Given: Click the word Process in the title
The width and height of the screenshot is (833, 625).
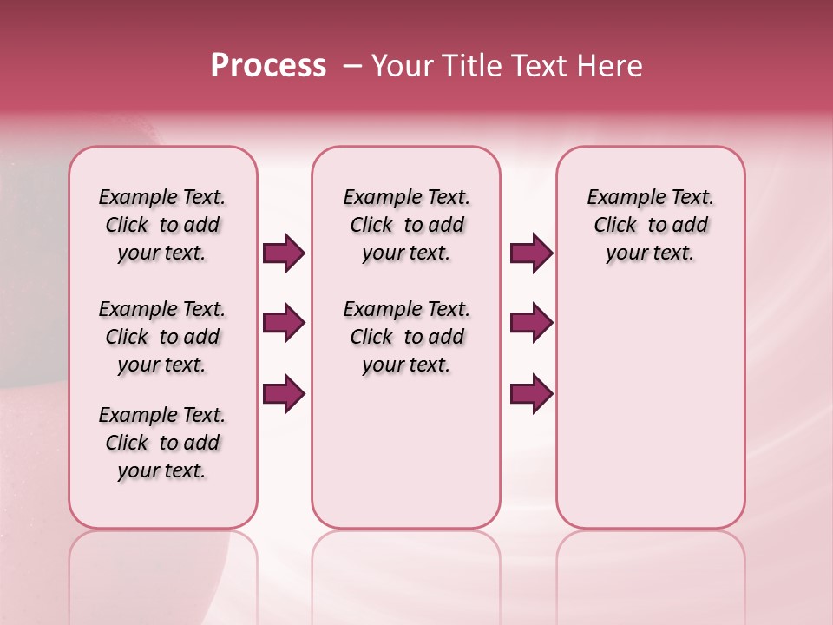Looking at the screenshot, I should click(x=268, y=66).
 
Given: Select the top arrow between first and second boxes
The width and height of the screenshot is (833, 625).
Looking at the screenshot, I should click(x=284, y=253).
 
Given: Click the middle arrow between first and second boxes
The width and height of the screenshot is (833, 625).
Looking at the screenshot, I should click(x=284, y=324).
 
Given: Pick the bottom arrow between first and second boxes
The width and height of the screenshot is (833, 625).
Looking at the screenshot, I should click(x=284, y=394).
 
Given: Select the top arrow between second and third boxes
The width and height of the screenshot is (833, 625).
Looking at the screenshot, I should click(x=531, y=253).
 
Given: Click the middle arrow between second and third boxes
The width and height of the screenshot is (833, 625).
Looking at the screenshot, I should click(x=531, y=324).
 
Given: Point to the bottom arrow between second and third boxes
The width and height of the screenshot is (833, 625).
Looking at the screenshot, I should click(x=531, y=394).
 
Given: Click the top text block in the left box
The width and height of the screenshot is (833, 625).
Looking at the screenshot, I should click(x=162, y=225).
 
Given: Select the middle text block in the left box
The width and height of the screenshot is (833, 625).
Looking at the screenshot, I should click(x=162, y=337).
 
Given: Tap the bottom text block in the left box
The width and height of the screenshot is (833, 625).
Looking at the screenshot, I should click(x=162, y=443).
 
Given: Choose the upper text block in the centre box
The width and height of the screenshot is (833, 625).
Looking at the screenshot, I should click(x=406, y=225).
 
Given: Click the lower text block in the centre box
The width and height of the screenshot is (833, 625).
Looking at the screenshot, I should click(x=406, y=337).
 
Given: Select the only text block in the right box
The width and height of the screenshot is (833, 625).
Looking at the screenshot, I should click(x=651, y=225).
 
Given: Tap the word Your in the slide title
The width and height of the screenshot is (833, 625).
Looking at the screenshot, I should click(x=403, y=66).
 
